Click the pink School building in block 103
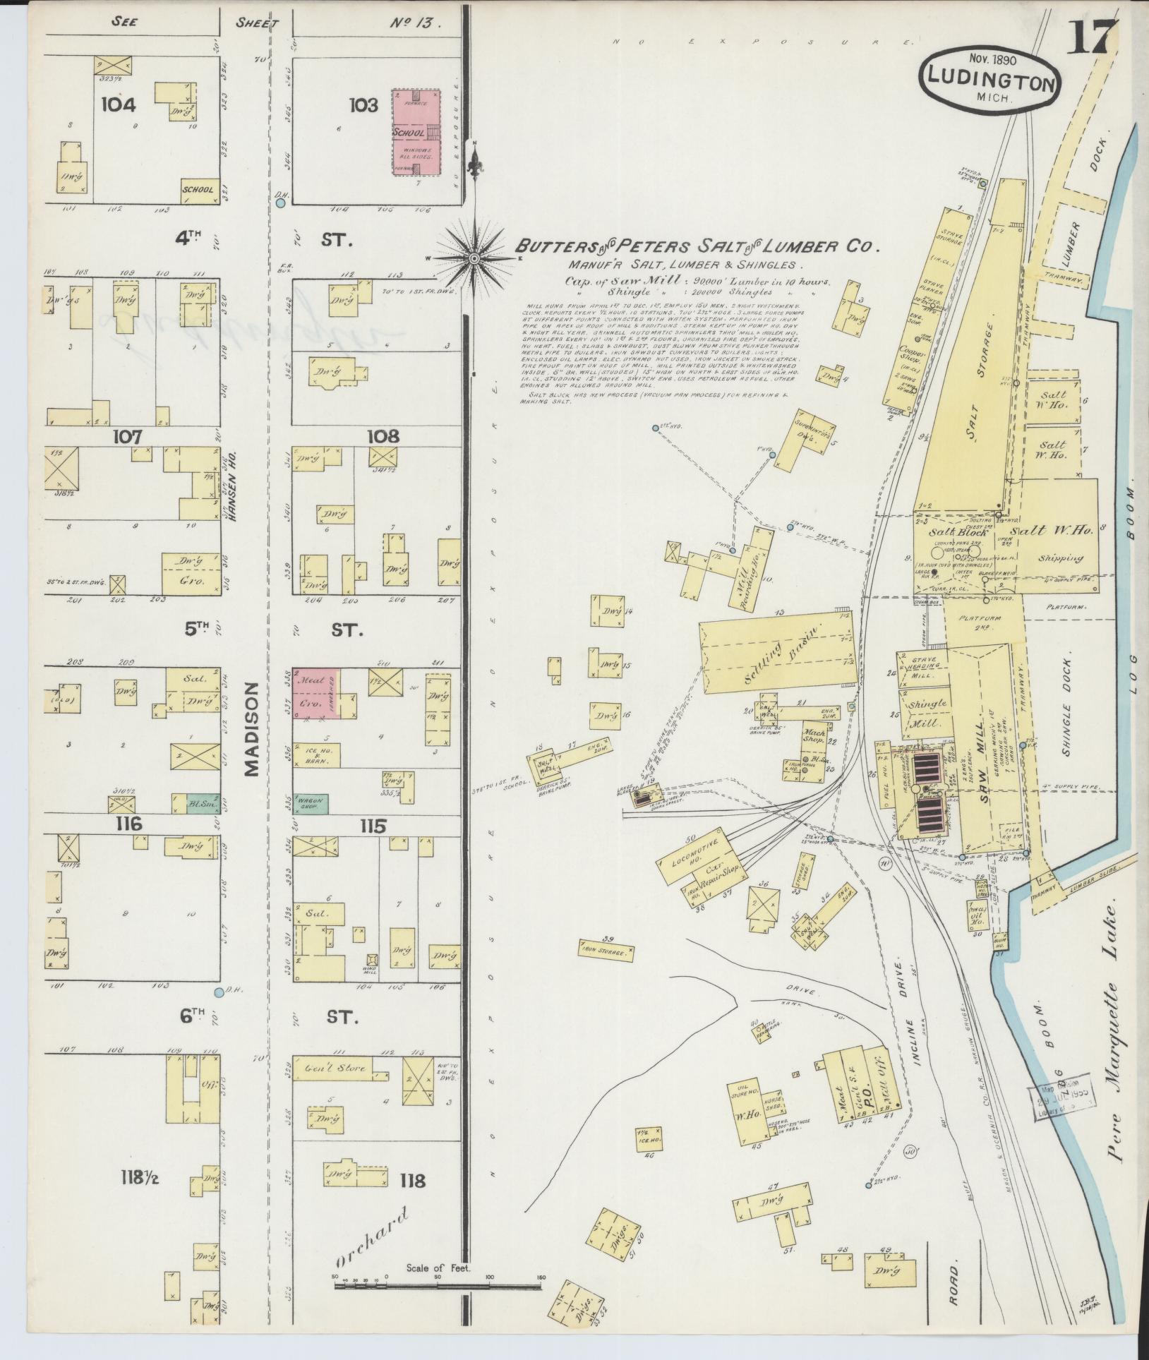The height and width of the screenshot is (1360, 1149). (416, 132)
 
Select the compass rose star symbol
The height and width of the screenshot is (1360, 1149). (474, 258)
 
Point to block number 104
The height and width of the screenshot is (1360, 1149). (118, 104)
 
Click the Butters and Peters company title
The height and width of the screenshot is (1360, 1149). (696, 246)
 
